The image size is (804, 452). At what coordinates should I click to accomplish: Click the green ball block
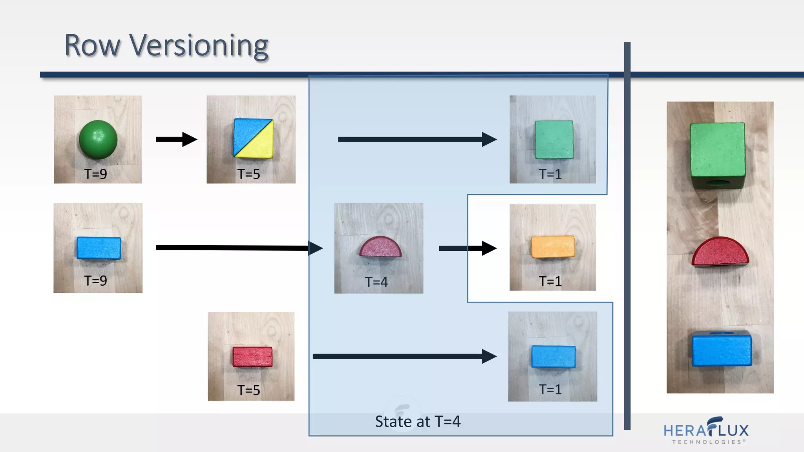click(x=98, y=139)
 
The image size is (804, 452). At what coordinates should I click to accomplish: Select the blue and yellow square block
click(x=253, y=138)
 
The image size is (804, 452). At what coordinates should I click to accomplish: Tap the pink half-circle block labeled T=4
click(x=380, y=247)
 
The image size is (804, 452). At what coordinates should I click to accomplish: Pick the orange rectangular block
click(x=553, y=247)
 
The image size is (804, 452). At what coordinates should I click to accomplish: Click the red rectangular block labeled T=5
click(x=252, y=357)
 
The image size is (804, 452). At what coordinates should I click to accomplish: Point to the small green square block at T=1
click(x=554, y=140)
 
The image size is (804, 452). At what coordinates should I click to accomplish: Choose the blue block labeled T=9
click(x=99, y=248)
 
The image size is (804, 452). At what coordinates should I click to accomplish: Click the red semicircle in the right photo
click(x=720, y=251)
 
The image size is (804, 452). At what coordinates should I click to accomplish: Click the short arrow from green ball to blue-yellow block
click(x=176, y=139)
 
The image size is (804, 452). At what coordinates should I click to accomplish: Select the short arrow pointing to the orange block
click(x=468, y=248)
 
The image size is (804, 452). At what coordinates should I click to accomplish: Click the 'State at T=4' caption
click(x=417, y=421)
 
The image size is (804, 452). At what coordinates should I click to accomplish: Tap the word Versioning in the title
click(x=199, y=46)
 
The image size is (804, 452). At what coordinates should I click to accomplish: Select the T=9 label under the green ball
click(x=95, y=174)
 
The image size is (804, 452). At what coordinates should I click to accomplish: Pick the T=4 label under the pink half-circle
click(x=376, y=282)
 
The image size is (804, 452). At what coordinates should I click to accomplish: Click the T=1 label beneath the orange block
click(x=550, y=281)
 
